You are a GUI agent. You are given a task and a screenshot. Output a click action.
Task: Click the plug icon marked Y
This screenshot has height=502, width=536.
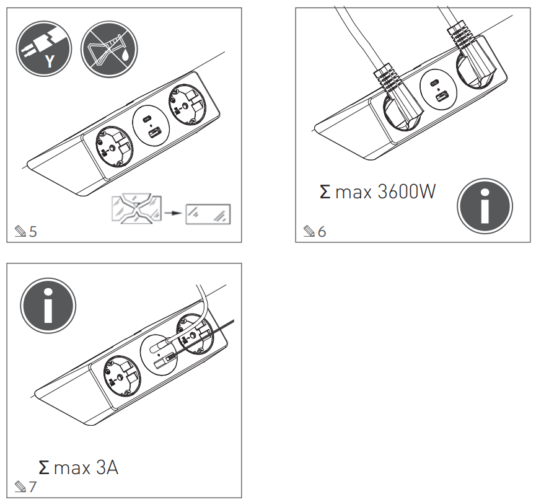click(x=44, y=49)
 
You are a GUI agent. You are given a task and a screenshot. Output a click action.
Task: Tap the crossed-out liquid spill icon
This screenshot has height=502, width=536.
click(x=109, y=49)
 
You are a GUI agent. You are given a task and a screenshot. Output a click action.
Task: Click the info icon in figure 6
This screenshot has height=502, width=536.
click(x=485, y=206)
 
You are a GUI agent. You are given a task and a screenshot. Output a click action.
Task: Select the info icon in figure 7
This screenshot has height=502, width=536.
click(x=48, y=304)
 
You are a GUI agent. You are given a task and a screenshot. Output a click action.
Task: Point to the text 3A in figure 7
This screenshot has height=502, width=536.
click(x=107, y=467)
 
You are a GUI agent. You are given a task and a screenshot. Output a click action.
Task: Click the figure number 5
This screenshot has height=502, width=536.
click(x=33, y=232)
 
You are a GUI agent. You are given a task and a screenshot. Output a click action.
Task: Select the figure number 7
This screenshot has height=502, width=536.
click(x=33, y=487)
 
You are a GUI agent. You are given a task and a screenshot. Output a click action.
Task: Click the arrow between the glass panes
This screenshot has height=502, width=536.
click(x=177, y=213)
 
